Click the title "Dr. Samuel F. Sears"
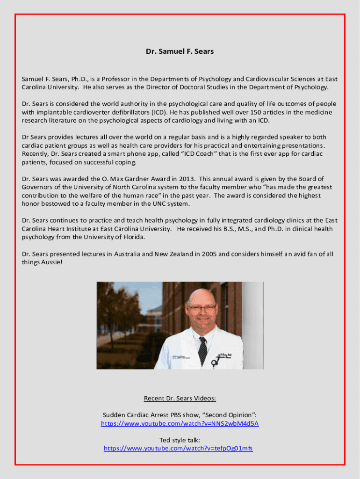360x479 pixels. (x=180, y=51)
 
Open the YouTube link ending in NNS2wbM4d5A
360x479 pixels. (x=180, y=424)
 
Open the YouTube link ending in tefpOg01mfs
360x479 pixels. (x=178, y=448)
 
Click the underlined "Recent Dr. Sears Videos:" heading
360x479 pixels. (x=180, y=399)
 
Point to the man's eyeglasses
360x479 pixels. (x=202, y=307)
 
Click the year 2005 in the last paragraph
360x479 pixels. (x=209, y=254)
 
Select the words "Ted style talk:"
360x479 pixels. (x=180, y=440)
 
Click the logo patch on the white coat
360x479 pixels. (x=180, y=357)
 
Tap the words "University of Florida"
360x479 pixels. (x=115, y=237)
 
